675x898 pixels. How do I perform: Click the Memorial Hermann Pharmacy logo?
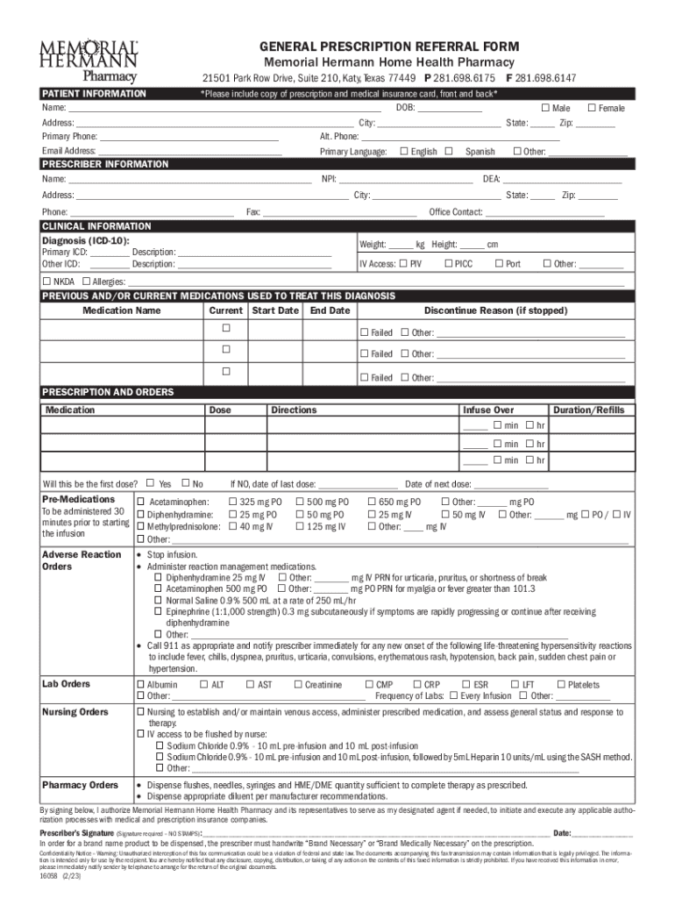89,59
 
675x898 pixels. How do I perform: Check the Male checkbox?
544,108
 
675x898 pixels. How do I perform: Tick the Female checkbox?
591,108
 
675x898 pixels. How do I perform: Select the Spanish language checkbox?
449,151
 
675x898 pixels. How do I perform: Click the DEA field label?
492,180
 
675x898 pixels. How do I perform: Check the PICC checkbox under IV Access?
448,263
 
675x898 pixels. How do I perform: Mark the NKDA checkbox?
47,282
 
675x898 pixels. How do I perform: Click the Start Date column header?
274,310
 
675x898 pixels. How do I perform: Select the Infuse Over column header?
488,410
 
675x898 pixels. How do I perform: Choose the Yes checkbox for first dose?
151,482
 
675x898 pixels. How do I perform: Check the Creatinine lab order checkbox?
298,684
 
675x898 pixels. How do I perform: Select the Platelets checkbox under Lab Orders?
561,684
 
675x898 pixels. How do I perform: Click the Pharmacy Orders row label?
80,784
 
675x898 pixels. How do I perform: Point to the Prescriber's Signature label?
77,832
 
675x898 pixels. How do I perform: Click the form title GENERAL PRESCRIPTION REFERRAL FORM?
387,46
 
